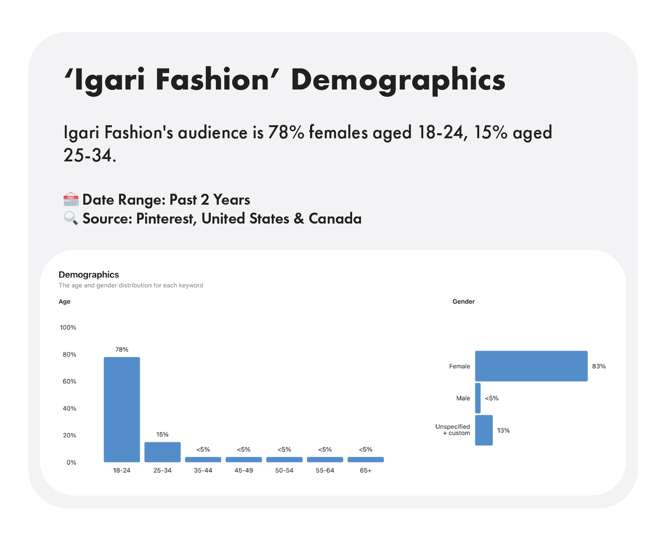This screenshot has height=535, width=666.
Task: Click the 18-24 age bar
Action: coord(122,409)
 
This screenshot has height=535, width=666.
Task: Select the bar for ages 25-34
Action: coord(162,452)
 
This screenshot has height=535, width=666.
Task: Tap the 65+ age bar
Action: coord(366,459)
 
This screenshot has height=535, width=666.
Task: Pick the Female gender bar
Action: coord(531,366)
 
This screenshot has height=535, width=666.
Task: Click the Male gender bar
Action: coord(478,398)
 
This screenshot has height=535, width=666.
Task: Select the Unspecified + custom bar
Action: coord(484,430)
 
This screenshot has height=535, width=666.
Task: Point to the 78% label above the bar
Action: coord(122,350)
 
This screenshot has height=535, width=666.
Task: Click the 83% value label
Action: coord(599,366)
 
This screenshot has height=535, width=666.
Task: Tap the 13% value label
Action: coord(503,430)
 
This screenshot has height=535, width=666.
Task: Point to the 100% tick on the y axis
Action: coord(68,327)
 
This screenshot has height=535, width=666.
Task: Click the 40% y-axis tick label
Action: coord(69,408)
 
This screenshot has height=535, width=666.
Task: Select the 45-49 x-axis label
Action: coord(244,471)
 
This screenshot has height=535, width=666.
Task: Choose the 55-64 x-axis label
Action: coord(325,471)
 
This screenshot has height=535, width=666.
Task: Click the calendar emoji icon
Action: coord(71,200)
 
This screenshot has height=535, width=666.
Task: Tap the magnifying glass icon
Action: coord(71,219)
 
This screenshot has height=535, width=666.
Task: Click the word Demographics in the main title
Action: coord(398,80)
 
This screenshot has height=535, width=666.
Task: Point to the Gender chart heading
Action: coord(463,302)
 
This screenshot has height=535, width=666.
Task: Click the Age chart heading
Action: coord(64,302)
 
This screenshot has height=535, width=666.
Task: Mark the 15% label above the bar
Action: coord(162,435)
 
